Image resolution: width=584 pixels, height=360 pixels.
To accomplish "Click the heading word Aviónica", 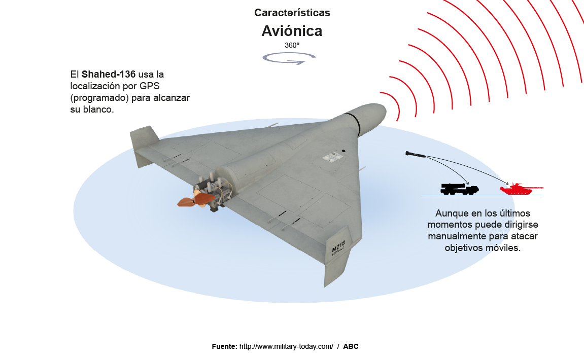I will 292,31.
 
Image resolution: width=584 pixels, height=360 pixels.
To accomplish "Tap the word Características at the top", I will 292,13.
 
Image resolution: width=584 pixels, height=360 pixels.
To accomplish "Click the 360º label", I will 292,45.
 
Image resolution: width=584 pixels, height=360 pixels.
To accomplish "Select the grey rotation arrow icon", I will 289,58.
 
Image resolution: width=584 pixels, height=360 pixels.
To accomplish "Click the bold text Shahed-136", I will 109,74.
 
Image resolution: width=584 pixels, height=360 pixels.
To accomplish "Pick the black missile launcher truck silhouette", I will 459,189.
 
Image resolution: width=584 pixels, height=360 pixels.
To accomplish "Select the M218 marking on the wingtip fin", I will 338,246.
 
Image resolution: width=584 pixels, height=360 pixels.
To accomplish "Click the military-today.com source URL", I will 286,347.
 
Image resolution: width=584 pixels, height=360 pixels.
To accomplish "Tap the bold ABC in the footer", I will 351,347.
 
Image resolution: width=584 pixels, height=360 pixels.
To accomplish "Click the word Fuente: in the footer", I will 224,347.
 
